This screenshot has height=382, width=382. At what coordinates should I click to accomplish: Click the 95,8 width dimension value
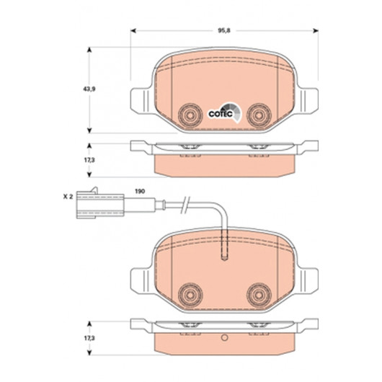tap(224, 31)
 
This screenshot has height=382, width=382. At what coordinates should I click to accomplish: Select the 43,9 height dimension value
tap(89, 89)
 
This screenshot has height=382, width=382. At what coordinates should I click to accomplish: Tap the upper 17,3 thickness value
tap(89, 160)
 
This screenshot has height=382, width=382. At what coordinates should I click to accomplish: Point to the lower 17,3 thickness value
tap(89, 338)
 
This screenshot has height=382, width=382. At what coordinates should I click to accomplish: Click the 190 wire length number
tap(140, 191)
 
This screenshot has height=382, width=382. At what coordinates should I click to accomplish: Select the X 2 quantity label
tap(68, 197)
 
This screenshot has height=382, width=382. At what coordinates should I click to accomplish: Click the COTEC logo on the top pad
tap(225, 112)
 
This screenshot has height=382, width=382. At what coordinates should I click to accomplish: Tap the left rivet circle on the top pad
tap(190, 115)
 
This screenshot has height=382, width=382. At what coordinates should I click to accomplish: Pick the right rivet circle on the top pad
tap(259, 115)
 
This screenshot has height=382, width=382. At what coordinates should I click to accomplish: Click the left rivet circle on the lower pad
tap(190, 295)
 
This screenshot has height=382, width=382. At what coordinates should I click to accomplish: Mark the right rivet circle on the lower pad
tap(259, 295)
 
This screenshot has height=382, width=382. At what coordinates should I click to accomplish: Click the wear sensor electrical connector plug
tap(100, 204)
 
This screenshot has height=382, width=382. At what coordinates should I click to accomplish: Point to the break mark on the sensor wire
tap(186, 205)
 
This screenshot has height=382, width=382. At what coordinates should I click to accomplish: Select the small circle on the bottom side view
tap(225, 337)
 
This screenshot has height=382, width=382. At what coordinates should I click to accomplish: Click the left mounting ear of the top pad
tap(141, 101)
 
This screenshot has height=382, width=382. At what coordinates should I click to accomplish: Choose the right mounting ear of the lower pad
tap(308, 281)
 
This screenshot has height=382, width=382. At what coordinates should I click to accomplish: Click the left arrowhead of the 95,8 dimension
tap(133, 31)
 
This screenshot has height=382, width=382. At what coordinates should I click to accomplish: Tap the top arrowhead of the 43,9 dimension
tap(89, 50)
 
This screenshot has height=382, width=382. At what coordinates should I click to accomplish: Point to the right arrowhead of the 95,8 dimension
tap(316, 31)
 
